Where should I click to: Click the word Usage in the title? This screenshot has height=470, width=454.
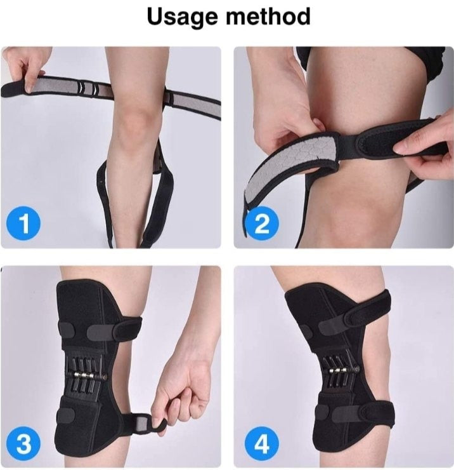click(x=183, y=17)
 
